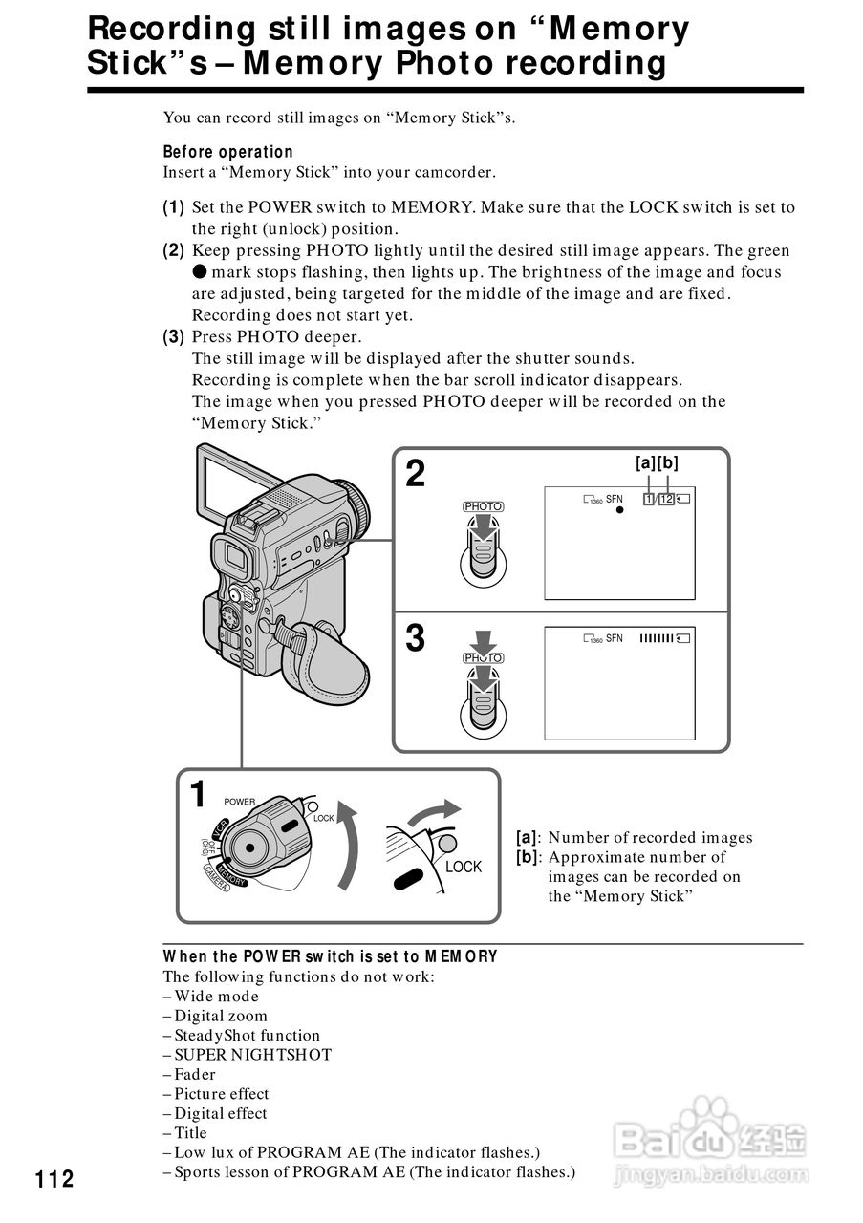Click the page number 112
(54, 1179)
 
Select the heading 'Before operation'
(227, 152)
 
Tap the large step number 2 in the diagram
(416, 474)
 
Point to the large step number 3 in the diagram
(416, 638)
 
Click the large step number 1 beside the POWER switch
(198, 794)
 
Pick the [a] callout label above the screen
(646, 463)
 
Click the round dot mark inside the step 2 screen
(619, 510)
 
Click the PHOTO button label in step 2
(483, 506)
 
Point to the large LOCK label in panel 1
(464, 867)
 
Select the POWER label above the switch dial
(240, 802)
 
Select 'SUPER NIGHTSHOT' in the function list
(253, 1055)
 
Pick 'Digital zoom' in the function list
(221, 1016)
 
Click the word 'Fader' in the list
(195, 1074)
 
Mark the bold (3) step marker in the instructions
(174, 336)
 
